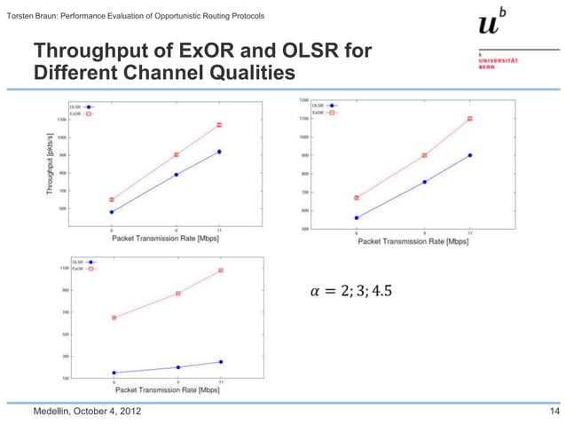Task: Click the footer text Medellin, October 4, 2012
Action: click(x=86, y=412)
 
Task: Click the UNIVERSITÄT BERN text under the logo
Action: click(x=499, y=63)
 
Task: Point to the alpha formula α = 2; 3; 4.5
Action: click(x=350, y=292)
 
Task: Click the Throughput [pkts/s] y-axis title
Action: click(x=50, y=169)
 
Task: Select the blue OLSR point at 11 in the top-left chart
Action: click(x=219, y=152)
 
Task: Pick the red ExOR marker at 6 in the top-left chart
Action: click(x=112, y=200)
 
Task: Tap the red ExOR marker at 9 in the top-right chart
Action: click(x=425, y=155)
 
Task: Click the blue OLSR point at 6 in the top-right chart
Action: click(x=357, y=217)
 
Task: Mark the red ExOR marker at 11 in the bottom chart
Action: click(x=221, y=271)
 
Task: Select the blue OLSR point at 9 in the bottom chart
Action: click(x=178, y=367)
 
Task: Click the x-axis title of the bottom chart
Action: click(x=166, y=389)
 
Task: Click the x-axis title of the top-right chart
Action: click(x=413, y=240)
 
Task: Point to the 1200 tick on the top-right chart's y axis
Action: click(x=303, y=100)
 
